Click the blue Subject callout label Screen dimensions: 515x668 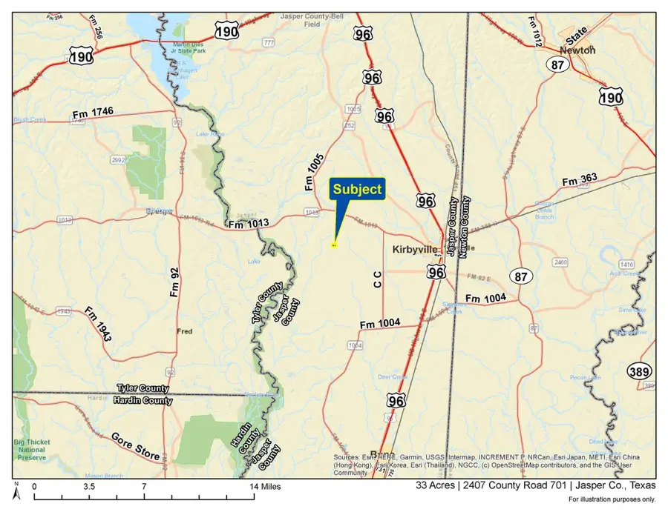[357, 189]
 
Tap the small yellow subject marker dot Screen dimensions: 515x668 [334, 245]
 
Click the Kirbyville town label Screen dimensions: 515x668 [415, 250]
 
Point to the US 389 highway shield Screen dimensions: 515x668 [640, 371]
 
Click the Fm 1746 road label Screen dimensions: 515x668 [93, 113]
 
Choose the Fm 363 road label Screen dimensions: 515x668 [579, 180]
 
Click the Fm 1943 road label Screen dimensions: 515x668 [97, 324]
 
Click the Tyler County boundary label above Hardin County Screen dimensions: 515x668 [143, 388]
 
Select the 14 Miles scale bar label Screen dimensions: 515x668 [265, 487]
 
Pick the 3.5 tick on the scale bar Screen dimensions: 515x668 [88, 487]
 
